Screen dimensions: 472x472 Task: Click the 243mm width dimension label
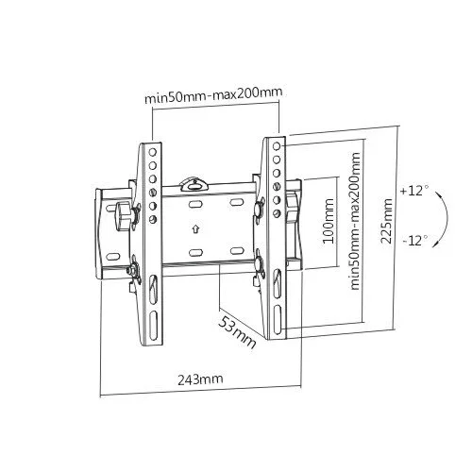[198, 379]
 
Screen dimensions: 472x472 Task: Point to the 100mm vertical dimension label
[328, 221]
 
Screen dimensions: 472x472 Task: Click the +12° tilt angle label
[413, 190]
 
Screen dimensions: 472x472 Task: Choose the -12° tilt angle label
[413, 241]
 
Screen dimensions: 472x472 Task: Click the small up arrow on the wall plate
[194, 228]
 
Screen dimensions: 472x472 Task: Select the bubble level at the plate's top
[195, 177]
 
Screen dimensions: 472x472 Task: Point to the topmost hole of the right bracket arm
[278, 145]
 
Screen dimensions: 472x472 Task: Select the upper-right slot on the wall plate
[236, 203]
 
